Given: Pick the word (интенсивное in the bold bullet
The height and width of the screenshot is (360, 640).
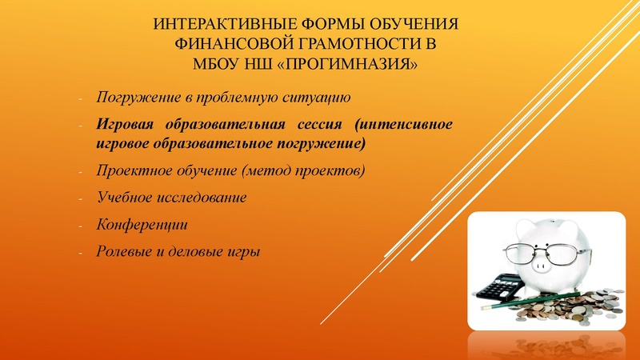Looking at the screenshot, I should [x=404, y=125].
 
